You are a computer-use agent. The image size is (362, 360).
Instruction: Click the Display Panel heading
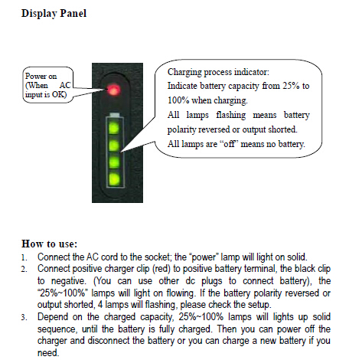point(54,14)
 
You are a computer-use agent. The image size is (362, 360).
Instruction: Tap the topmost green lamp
point(114,127)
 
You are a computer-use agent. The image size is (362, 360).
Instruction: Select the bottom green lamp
point(114,180)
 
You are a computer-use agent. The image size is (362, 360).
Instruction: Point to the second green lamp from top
point(114,145)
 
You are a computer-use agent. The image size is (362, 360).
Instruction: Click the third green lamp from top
point(114,162)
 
